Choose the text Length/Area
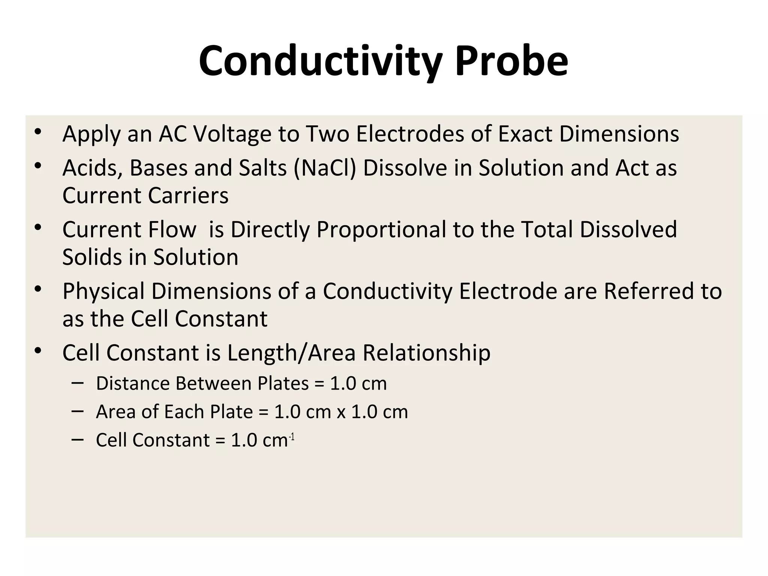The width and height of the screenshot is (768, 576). tap(291, 353)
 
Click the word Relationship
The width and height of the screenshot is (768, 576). tap(426, 353)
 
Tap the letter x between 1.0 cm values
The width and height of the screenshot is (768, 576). tap(341, 412)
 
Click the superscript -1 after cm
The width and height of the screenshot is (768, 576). tap(292, 437)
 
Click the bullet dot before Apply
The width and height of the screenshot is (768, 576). tap(38, 132)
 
